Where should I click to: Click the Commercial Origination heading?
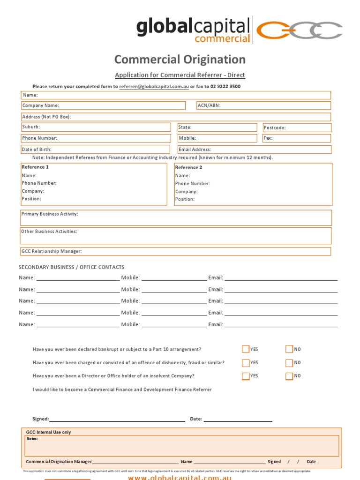click(180, 60)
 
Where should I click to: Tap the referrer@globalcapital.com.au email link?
click(154, 87)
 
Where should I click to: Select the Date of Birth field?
click(96, 150)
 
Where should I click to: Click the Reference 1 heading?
click(35, 167)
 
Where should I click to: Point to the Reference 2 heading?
click(188, 167)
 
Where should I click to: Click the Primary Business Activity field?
click(176, 217)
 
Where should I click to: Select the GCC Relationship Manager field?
click(176, 251)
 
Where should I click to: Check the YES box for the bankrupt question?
click(246, 349)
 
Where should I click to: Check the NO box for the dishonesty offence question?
click(289, 362)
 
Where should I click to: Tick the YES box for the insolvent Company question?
click(246, 376)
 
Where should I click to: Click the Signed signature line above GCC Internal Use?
click(117, 419)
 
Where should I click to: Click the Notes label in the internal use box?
click(32, 439)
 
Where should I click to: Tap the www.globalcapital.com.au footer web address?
click(180, 477)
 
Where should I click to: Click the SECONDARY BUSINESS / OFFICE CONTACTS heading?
click(72, 267)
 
